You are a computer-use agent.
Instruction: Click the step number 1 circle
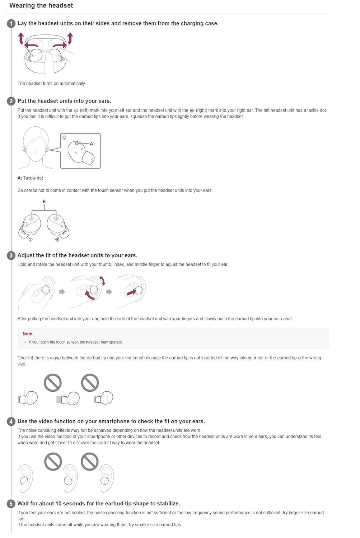[x=11, y=24]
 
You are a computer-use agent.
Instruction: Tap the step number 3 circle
[x=11, y=255]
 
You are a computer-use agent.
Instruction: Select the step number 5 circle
[x=11, y=504]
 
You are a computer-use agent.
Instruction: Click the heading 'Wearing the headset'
[x=41, y=5]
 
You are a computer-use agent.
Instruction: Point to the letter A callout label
[x=92, y=144]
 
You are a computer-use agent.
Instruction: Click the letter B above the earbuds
[x=44, y=202]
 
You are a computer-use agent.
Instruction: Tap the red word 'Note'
[x=27, y=334]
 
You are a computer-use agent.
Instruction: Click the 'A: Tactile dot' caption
[x=30, y=178]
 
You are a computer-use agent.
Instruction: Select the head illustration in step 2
[x=36, y=147]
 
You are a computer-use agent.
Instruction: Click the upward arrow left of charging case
[x=21, y=38]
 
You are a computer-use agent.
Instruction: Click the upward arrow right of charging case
[x=70, y=38]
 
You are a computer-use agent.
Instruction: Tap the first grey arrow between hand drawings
[x=62, y=292]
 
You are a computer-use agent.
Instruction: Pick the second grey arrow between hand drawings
[x=109, y=292]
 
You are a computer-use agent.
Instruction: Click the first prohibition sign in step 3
[x=53, y=383]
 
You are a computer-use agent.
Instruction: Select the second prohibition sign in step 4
[x=90, y=462]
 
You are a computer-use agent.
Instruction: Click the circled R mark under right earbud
[x=57, y=240]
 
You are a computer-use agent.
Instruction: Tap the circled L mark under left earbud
[x=31, y=240]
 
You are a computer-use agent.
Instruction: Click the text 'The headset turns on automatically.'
[x=52, y=84]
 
